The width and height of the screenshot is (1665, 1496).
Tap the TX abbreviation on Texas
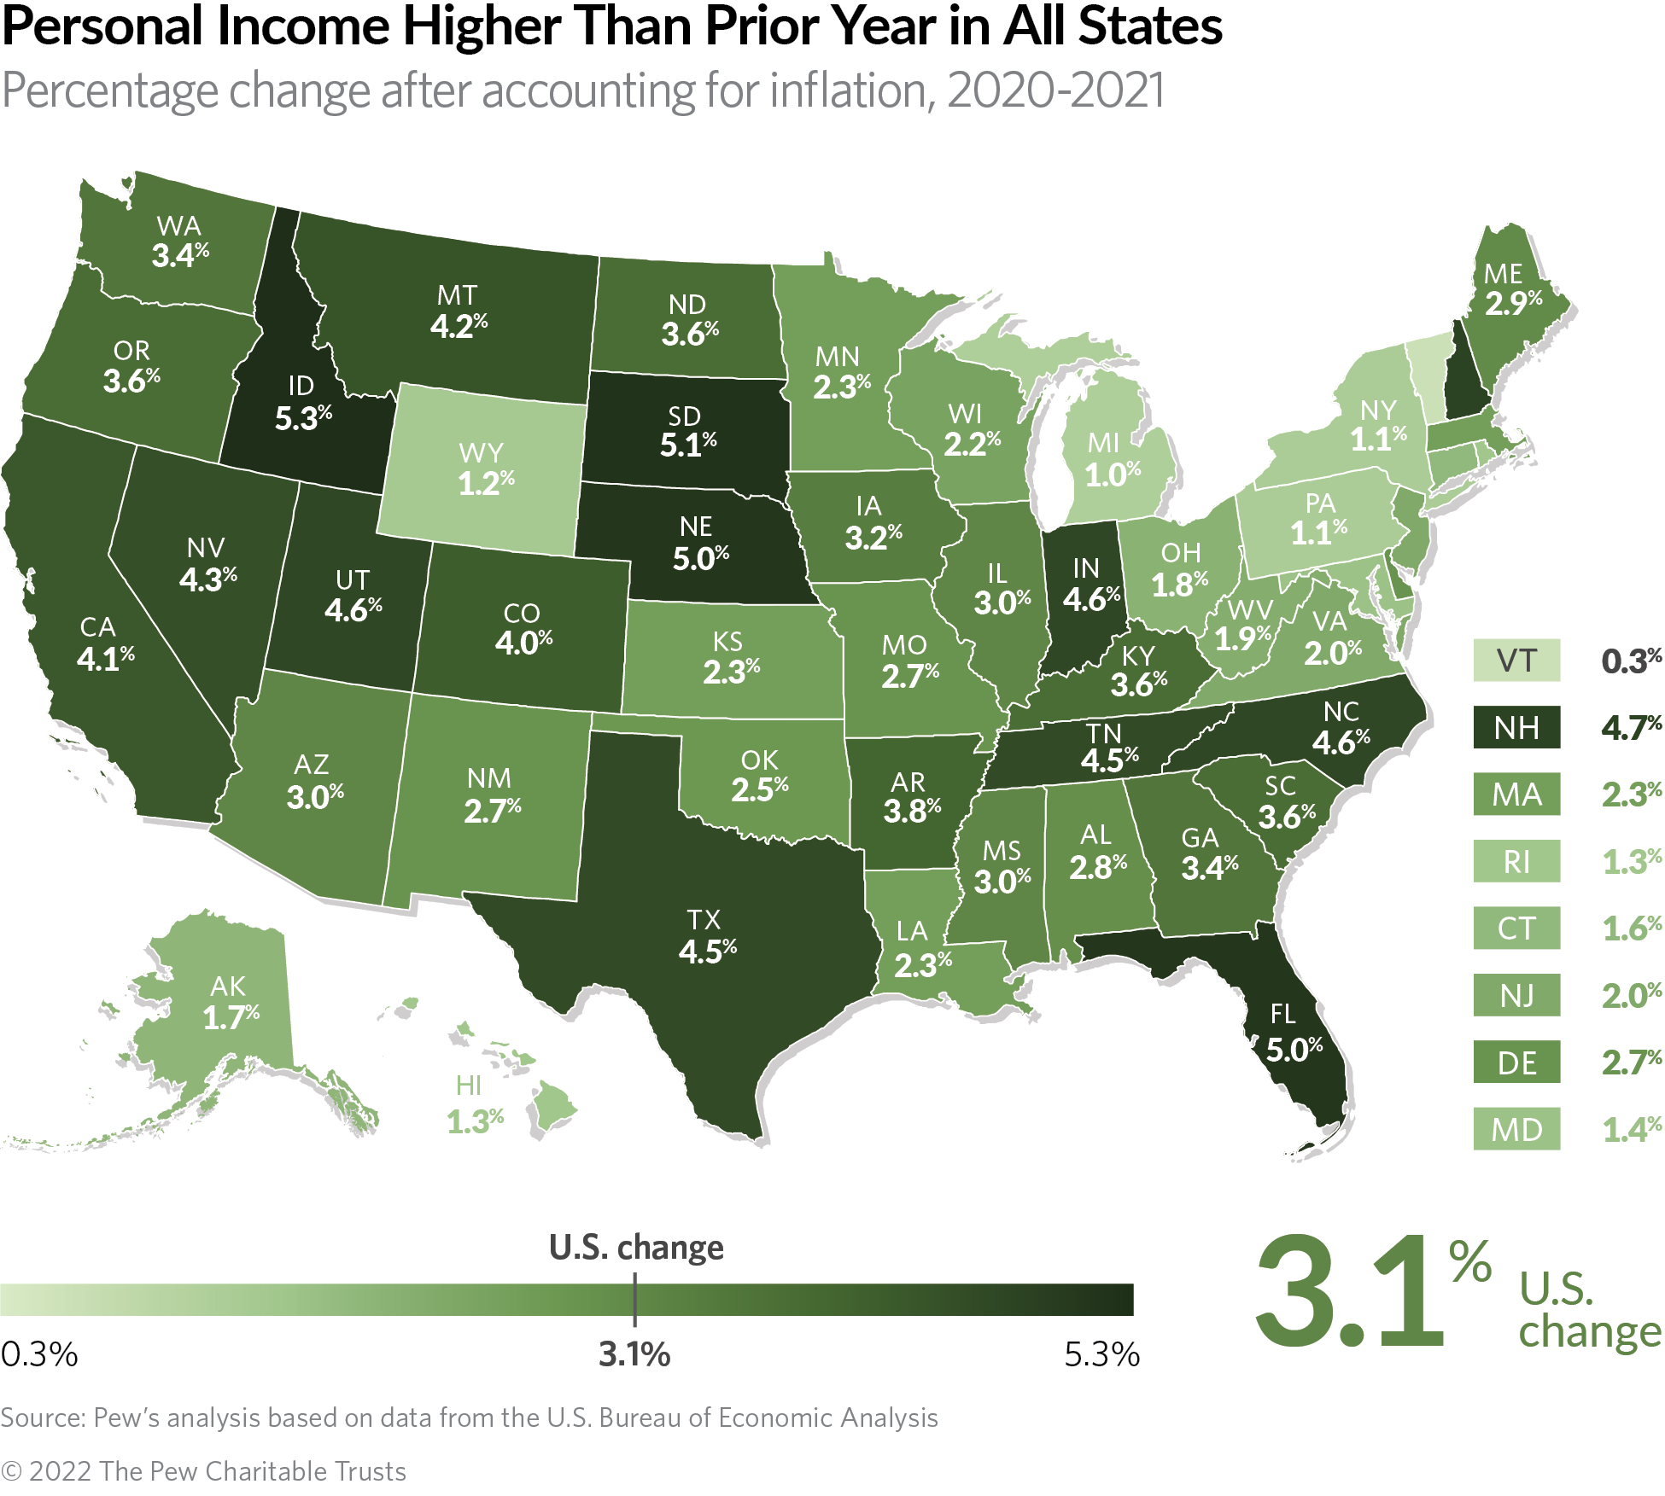tap(704, 919)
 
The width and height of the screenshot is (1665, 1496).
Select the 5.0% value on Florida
tap(1294, 1049)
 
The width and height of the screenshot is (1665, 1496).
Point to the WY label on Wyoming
tap(481, 452)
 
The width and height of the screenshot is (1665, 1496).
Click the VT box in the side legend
tap(1516, 661)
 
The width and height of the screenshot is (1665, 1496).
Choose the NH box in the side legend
tap(1516, 727)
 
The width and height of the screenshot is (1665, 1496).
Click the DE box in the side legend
tap(1516, 1062)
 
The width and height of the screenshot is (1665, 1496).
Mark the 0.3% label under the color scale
tap(39, 1354)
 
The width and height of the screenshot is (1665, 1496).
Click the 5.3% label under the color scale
tap(1101, 1354)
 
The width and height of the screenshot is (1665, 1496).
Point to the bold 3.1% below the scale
tap(634, 1354)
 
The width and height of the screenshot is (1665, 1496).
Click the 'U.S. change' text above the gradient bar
tap(636, 1247)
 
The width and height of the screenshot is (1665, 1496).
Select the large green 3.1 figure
tap(1349, 1293)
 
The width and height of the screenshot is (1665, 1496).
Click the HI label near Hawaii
tap(468, 1086)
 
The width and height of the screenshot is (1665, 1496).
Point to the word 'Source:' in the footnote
tap(43, 1417)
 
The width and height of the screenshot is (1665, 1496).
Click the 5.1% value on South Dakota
tap(687, 445)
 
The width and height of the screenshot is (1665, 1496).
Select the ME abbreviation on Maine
tap(1503, 274)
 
